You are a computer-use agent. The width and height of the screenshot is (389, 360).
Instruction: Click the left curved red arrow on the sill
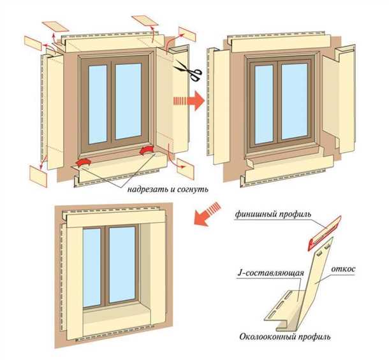click(x=82, y=164)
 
